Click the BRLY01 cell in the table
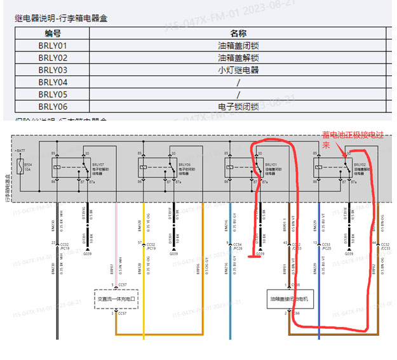tap(53, 46)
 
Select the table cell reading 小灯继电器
tap(238, 70)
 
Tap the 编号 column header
tap(53, 34)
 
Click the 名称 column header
tap(238, 34)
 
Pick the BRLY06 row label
tap(53, 107)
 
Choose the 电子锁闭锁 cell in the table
tap(238, 107)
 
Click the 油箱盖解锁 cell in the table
tap(238, 58)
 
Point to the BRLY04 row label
tap(53, 83)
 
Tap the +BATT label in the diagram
tap(20, 151)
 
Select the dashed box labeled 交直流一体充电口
tap(117, 298)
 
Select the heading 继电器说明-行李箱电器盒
tap(61, 18)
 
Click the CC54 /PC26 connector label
tap(238, 246)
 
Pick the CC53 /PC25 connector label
tap(326, 246)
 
